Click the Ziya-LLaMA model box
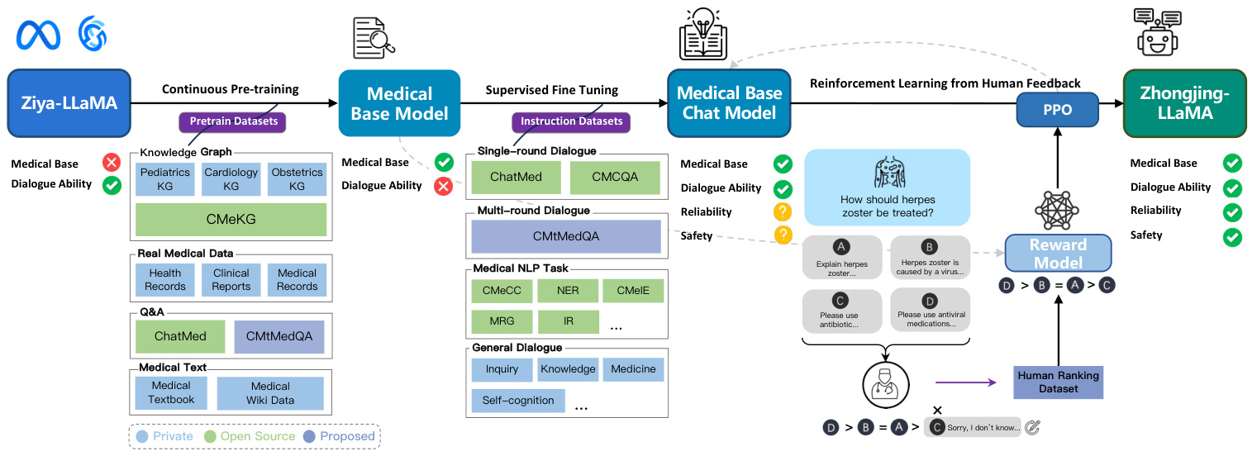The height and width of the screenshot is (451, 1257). point(69,102)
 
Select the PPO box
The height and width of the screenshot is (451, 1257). point(1057,109)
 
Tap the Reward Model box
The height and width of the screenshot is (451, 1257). point(1059,254)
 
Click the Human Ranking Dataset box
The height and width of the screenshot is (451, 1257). point(1058,381)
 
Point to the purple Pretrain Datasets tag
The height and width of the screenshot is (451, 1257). point(232,122)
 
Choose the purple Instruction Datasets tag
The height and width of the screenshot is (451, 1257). point(571,121)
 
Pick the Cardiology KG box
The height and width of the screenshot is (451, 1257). point(231,179)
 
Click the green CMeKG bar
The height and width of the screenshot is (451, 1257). point(231,220)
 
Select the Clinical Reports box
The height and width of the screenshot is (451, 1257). point(231,279)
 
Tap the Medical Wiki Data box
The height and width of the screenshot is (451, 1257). point(270,393)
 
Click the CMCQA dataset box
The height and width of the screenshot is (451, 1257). point(615,177)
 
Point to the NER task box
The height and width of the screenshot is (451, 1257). point(567,291)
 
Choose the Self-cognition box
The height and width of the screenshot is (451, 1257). point(518,401)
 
